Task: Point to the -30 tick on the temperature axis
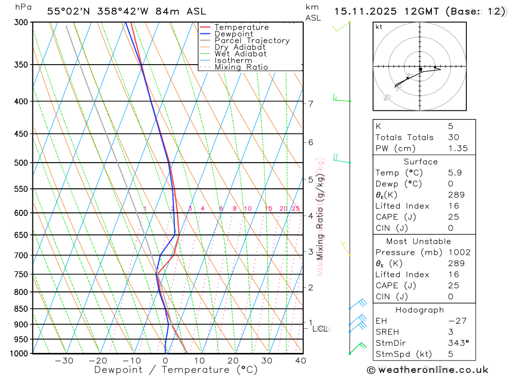tap(64, 361)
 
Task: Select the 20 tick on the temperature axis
tap(233, 361)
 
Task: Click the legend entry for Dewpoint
tap(233, 34)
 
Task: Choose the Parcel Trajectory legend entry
tap(251, 41)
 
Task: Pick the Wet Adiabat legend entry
tap(240, 54)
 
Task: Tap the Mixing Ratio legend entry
tap(241, 67)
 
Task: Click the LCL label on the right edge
tap(321, 328)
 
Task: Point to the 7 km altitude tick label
tap(310, 103)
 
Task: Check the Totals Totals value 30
tap(452, 137)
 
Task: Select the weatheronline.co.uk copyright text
tap(428, 370)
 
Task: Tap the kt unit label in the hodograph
tap(379, 27)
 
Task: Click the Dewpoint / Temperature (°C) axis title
tap(176, 369)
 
